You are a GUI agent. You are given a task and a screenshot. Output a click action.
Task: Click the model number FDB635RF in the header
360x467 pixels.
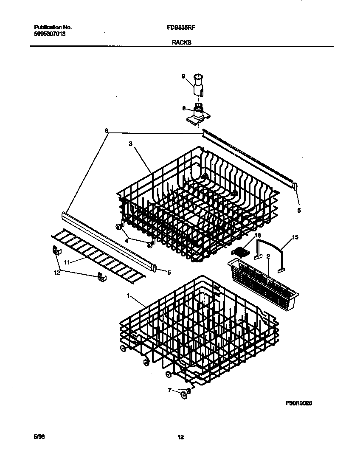pos(181,27)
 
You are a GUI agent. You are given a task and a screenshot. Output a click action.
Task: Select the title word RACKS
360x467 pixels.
pos(181,42)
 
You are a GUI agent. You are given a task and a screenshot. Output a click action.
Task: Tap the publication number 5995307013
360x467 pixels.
pos(50,33)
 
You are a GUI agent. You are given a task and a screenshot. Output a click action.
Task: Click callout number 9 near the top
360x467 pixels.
pos(183,76)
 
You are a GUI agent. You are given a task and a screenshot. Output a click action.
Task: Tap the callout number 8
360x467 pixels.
pos(184,108)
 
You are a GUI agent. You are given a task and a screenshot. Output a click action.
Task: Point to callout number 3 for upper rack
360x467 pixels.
pos(130,144)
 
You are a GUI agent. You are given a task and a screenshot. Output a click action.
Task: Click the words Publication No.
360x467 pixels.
pos(53,27)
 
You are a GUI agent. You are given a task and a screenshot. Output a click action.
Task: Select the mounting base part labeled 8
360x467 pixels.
pos(198,116)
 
